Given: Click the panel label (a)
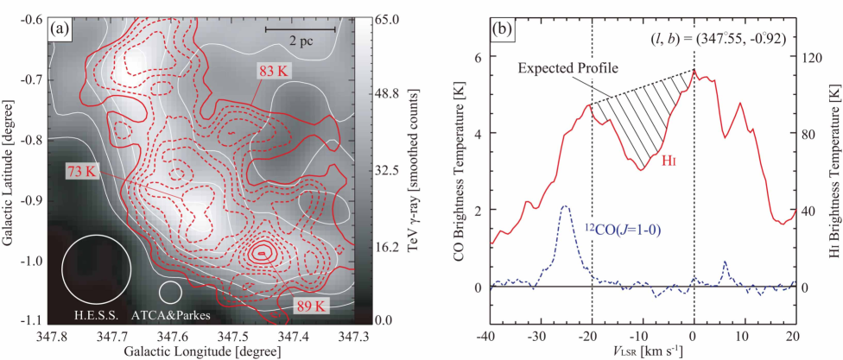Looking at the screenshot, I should (60, 28).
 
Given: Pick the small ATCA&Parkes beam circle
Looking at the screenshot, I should (170, 291).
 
